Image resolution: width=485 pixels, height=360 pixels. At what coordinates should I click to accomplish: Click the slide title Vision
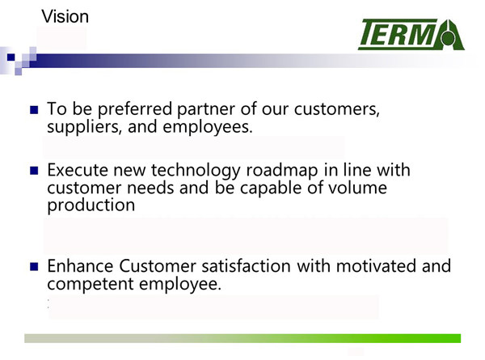coord(65,16)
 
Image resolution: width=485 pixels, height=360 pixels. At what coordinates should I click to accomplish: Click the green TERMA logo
coord(411,34)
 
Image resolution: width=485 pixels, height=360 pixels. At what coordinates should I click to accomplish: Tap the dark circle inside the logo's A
coord(448,39)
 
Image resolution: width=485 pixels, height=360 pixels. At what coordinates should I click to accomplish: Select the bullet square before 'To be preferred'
coord(34,110)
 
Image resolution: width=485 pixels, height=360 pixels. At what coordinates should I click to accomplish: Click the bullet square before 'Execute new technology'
coord(34,171)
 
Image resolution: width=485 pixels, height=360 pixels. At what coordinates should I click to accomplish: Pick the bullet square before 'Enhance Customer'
coord(34,266)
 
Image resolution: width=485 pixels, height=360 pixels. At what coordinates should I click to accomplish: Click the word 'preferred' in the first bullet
coord(135,109)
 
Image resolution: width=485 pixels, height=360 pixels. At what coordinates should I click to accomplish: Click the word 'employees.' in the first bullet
coord(208,127)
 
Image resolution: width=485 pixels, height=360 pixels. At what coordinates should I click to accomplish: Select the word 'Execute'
coord(78,170)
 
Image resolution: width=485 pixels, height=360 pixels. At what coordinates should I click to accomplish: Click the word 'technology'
coord(196,171)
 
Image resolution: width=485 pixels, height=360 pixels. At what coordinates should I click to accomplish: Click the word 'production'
coord(91,205)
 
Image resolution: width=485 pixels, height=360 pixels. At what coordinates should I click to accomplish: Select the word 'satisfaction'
coord(247,266)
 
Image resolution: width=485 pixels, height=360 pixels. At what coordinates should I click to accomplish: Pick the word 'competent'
coord(91,284)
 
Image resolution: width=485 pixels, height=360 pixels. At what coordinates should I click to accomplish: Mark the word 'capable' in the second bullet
coord(271,188)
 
